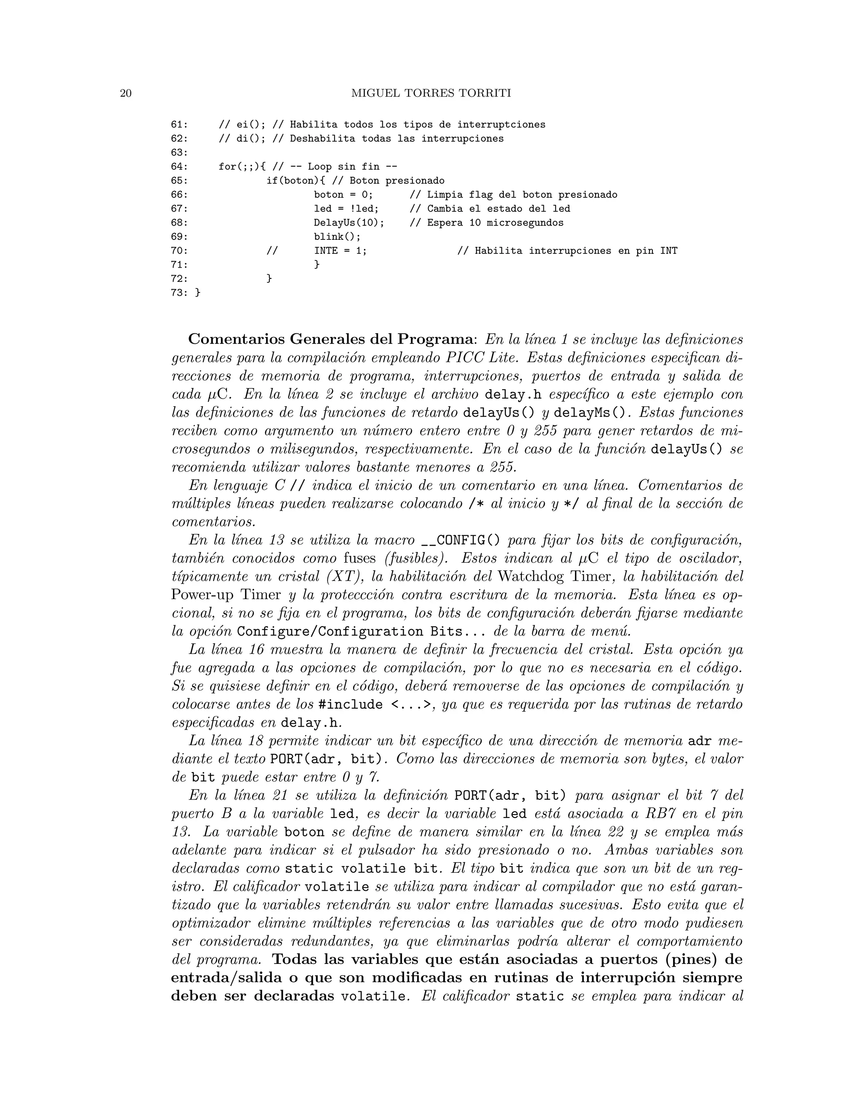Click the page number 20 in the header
coord(125,93)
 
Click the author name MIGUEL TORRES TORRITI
coord(431,93)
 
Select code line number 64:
coord(179,167)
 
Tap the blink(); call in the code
coord(337,237)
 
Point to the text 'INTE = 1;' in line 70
coord(340,251)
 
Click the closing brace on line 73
coord(198,293)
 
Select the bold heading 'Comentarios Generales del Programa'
coord(330,340)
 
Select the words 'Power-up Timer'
coord(226,595)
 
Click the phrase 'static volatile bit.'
coord(362,868)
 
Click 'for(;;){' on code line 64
coord(242,167)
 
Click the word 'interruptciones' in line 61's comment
coord(501,125)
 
